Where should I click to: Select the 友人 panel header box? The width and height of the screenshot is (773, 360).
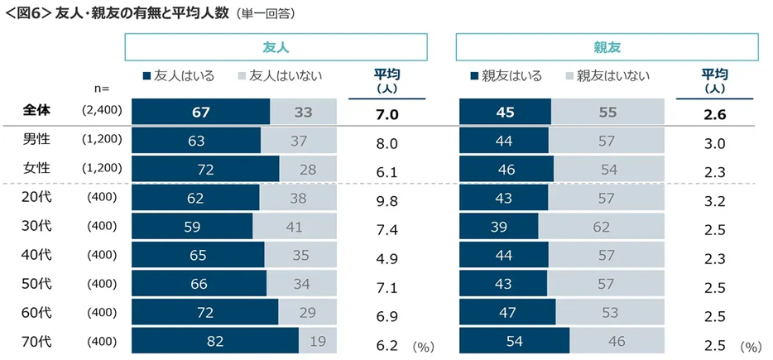276,47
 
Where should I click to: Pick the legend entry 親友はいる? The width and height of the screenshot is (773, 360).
506,76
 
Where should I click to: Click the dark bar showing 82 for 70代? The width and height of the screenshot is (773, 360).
214,340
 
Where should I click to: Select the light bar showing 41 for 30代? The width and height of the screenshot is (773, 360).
295,227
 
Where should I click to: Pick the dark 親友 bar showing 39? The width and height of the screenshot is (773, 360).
498,227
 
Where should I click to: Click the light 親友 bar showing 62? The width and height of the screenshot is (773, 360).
601,227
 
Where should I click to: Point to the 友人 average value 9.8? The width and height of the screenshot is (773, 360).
388,200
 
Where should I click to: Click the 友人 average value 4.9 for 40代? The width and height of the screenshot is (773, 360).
388,257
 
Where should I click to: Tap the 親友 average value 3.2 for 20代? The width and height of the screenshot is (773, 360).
714,200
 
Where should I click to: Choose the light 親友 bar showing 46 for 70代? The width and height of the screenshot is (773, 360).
617,340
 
